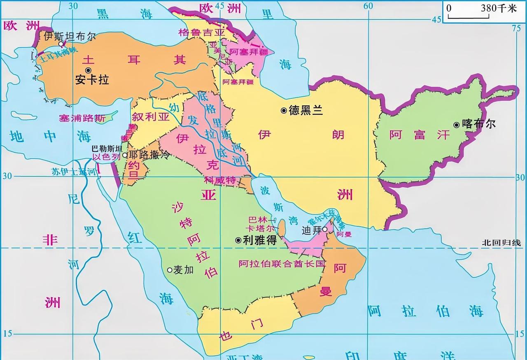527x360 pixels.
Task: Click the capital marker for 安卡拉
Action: point(88,71)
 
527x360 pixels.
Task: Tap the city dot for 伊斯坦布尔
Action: point(61,44)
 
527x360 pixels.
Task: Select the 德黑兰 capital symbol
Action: point(284,110)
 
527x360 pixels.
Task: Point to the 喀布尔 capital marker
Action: point(457,124)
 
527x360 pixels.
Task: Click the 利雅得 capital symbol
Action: point(238,240)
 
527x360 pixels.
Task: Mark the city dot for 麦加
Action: point(169,270)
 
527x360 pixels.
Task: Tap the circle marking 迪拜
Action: point(325,229)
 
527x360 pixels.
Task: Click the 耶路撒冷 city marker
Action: point(125,155)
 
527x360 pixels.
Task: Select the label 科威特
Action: point(220,180)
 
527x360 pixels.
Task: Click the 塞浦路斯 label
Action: point(83,118)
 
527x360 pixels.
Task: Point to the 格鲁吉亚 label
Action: point(202,32)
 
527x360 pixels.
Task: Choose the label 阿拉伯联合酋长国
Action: point(282,264)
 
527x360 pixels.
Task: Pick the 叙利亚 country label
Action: point(151,117)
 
